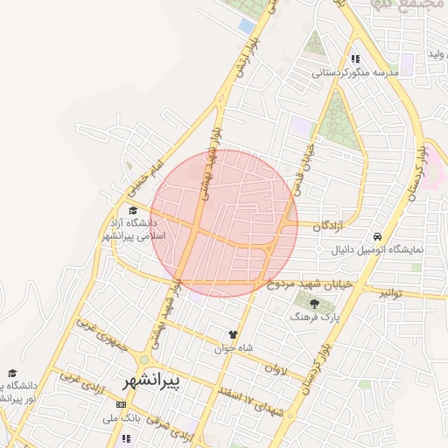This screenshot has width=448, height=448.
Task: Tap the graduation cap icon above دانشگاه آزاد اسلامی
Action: (133, 210)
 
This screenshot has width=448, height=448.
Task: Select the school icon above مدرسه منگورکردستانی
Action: (355, 59)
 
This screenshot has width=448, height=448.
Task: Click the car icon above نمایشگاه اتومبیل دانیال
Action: (376, 236)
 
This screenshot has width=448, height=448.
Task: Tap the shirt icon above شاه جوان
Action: (233, 334)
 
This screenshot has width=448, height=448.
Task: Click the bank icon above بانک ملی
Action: (121, 404)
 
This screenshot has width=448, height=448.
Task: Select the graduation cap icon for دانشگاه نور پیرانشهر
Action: (11, 373)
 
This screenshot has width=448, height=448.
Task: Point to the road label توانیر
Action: (390, 294)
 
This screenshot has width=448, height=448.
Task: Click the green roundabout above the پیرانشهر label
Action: (144, 360)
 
